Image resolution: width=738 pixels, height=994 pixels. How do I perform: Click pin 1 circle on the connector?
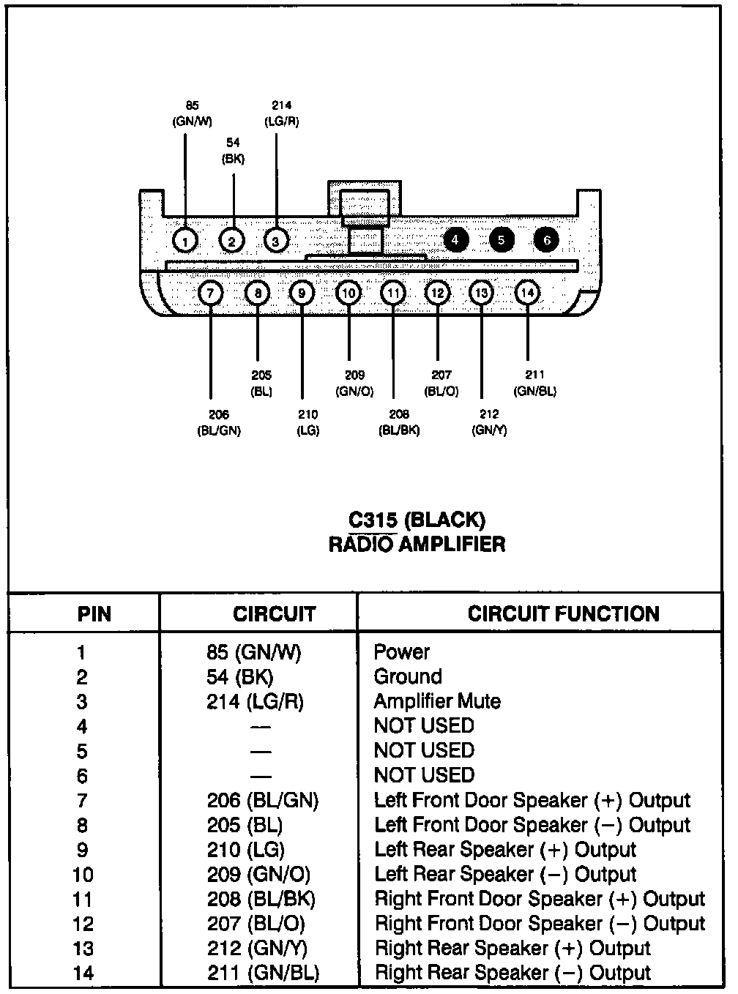(186, 241)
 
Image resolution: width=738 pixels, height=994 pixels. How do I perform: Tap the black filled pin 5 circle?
(502, 240)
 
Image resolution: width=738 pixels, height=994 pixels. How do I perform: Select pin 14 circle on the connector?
(527, 294)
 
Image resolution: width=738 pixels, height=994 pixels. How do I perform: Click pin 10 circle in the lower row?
(348, 294)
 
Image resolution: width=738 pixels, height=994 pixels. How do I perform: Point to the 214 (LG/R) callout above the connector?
(281, 114)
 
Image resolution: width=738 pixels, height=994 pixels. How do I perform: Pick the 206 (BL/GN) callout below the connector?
(218, 423)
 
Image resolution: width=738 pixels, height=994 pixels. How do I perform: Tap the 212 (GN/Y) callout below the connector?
(489, 422)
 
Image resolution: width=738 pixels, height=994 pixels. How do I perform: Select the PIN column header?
(94, 614)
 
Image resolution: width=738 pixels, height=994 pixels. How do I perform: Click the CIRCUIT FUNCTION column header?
(563, 614)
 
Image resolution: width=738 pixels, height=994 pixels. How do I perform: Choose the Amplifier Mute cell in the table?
(437, 701)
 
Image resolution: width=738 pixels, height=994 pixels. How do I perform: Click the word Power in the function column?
(401, 651)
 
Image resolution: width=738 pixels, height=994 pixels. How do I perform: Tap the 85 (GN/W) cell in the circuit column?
(253, 651)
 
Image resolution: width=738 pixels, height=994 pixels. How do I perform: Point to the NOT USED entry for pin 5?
(424, 750)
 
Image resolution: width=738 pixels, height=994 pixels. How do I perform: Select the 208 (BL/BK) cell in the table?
(261, 899)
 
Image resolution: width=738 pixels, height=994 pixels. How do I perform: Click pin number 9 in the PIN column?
(82, 850)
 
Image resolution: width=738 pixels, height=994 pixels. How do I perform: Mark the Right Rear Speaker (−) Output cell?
(512, 973)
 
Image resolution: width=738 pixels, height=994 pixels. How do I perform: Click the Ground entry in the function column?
(408, 676)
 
